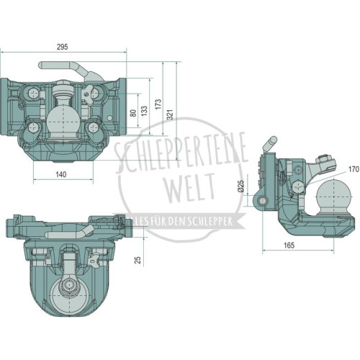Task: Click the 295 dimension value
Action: click(x=62, y=47)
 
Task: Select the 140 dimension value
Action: click(x=61, y=174)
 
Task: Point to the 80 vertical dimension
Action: click(x=134, y=113)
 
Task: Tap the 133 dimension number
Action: click(x=144, y=111)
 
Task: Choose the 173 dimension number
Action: click(x=158, y=104)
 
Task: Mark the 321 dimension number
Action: click(x=170, y=114)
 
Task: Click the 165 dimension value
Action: click(x=289, y=246)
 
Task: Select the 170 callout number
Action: click(x=354, y=169)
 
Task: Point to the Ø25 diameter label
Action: click(x=240, y=186)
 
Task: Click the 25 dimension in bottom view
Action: click(x=138, y=260)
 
